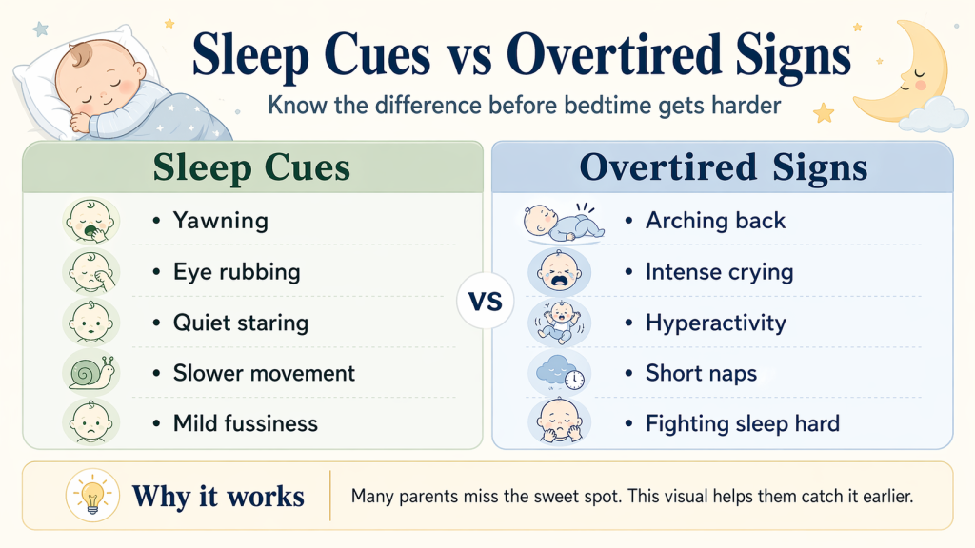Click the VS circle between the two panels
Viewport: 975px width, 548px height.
[487, 303]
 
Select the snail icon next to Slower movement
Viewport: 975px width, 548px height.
[90, 372]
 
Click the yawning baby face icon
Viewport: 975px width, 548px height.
[90, 222]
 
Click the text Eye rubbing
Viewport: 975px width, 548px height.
[236, 271]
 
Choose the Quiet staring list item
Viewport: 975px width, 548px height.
[240, 323]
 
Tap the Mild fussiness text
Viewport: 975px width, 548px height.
[245, 423]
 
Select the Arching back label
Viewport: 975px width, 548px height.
[715, 221]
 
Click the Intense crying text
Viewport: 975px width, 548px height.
[719, 271]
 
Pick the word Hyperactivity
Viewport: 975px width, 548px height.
[715, 323]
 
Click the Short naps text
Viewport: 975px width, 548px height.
[701, 373]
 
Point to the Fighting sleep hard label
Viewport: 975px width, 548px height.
[742, 423]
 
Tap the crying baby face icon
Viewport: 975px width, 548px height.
[560, 272]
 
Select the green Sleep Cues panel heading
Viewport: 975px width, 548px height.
[251, 167]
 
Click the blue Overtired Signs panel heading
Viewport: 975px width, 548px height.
[723, 167]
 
